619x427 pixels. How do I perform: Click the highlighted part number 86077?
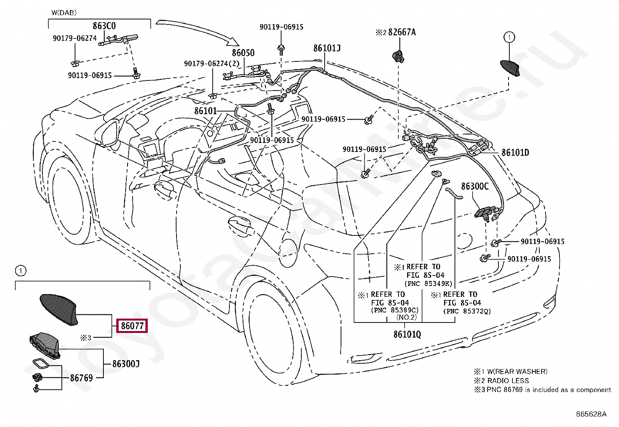[132, 326]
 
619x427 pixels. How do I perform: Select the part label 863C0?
[104, 26]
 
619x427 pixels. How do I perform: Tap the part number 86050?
[243, 53]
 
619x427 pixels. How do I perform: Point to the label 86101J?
[327, 48]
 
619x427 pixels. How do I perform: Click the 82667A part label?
[402, 32]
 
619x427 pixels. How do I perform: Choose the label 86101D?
[515, 152]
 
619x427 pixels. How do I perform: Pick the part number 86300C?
[474, 186]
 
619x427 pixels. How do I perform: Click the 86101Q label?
[407, 335]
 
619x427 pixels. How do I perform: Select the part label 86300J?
[126, 364]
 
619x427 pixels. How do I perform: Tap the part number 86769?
[81, 378]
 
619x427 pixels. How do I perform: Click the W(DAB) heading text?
[64, 12]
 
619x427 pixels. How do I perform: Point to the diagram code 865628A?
[591, 414]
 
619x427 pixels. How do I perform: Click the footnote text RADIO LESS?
[508, 381]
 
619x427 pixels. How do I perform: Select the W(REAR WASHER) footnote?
[517, 371]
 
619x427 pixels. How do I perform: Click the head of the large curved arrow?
[234, 42]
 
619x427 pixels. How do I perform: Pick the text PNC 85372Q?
[467, 311]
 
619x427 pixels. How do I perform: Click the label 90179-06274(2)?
[212, 64]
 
